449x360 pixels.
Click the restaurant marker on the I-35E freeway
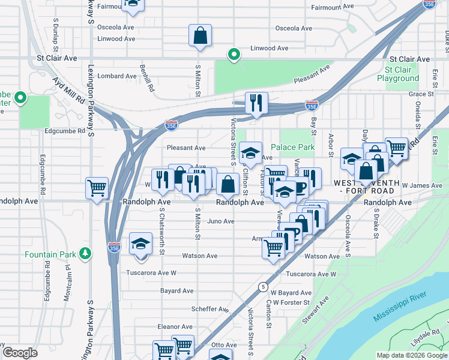[256, 103]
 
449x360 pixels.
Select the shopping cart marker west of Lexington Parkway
[97, 190]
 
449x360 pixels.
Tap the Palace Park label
[292, 147]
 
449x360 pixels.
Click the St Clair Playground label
[398, 74]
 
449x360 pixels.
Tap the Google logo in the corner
[20, 353]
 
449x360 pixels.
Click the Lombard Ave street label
[118, 76]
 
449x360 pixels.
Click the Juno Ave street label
[220, 221]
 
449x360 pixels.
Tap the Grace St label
[421, 94]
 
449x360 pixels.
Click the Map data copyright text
[411, 355]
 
